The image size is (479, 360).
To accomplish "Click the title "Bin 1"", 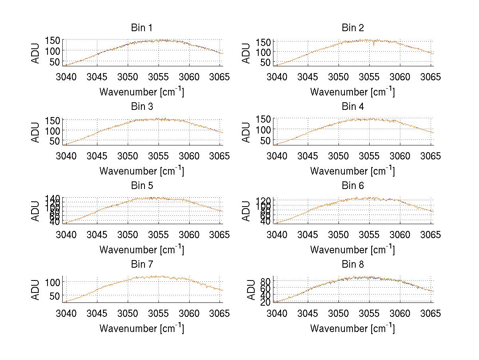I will click(141, 28).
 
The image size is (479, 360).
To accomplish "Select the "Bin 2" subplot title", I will click(352, 28).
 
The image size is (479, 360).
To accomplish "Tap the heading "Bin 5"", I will click(141, 186).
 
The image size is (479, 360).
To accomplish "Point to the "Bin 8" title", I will click(352, 265).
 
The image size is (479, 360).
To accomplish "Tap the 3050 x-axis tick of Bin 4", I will click(338, 155).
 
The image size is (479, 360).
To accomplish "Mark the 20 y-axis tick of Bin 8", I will click(266, 302).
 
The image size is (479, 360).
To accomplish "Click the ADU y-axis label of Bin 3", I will click(36, 132).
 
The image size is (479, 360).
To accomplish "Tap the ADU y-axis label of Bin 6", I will click(247, 211).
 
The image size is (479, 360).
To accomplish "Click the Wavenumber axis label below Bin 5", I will click(141, 250).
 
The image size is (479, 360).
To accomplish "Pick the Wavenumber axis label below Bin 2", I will click(352, 92).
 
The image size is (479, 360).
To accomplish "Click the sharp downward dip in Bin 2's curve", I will click(374, 45).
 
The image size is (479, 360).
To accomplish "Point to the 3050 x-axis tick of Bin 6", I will click(338, 234).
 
